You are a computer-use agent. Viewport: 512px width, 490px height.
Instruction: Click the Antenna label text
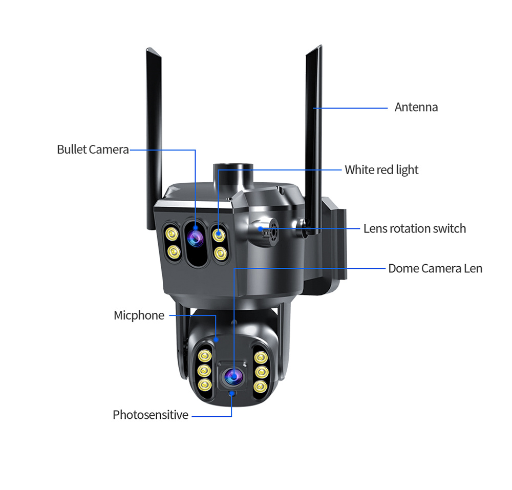416,107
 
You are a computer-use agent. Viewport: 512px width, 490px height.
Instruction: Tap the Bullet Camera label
93,150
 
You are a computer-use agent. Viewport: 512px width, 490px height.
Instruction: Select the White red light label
381,170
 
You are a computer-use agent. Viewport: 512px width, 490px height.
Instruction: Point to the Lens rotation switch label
415,228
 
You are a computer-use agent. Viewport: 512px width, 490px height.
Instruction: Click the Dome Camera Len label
435,268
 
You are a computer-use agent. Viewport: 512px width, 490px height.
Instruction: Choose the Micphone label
139,315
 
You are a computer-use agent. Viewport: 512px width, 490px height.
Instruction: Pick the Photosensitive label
151,415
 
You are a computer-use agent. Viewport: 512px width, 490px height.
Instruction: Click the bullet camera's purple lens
196,238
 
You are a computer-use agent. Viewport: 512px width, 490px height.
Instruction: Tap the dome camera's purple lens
233,376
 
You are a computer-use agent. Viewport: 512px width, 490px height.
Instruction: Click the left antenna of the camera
154,137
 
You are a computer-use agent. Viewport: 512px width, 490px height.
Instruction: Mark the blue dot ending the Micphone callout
216,340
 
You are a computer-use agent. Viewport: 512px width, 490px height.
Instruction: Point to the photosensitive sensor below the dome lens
232,394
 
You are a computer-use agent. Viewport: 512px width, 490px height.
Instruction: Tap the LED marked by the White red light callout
219,235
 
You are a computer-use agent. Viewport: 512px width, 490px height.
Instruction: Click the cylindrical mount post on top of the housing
233,174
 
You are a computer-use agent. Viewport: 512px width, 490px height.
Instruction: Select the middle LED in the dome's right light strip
261,372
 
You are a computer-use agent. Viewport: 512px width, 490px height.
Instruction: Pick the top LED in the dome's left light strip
204,356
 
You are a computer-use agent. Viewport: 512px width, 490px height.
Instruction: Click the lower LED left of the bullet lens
173,252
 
